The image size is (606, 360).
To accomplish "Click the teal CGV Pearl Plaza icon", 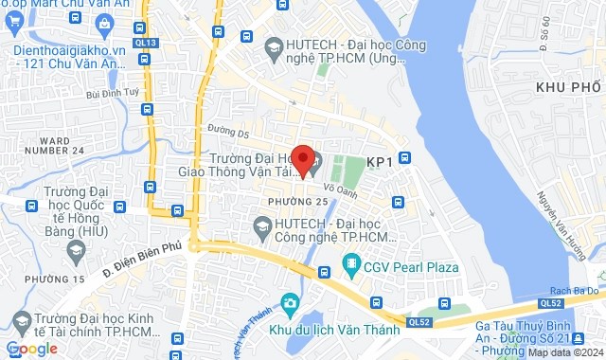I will (351, 262).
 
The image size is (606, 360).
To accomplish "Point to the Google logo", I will (32, 349).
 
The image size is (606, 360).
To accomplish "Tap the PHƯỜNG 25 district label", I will (297, 202).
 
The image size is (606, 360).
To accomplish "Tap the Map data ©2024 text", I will (565, 352).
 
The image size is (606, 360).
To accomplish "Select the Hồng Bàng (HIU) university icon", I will (77, 249).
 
